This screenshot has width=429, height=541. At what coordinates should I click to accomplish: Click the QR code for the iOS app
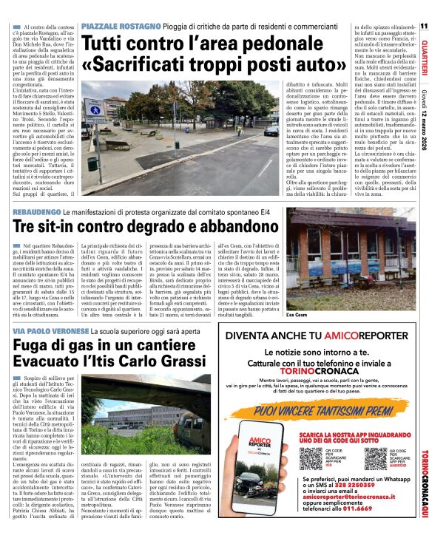[x=311, y=457]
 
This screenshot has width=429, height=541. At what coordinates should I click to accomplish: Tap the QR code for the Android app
[x=375, y=457]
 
